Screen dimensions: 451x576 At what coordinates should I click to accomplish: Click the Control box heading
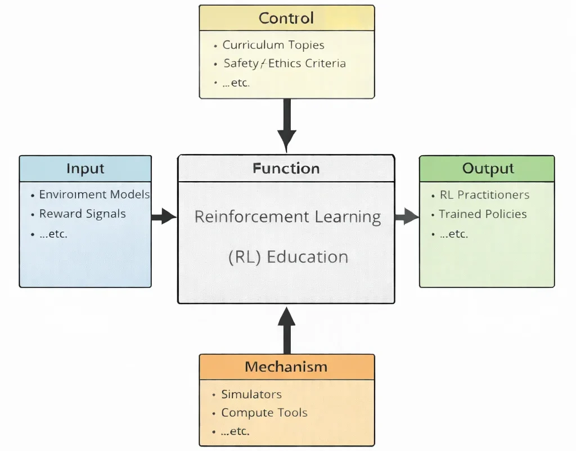tap(286, 18)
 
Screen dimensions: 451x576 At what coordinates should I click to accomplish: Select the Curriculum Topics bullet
tap(273, 45)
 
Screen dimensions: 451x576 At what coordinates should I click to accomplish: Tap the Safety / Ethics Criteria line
tap(284, 64)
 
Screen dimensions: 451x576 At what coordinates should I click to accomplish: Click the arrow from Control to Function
tap(286, 124)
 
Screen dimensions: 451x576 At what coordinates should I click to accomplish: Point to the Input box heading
tap(85, 168)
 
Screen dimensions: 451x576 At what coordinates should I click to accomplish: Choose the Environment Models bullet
tap(94, 195)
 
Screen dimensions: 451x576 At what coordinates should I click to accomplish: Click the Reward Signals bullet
tap(82, 214)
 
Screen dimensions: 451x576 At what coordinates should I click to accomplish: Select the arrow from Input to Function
tap(164, 216)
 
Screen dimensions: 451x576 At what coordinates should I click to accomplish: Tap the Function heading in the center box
tap(286, 168)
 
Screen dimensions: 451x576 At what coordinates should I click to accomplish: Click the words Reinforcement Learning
tap(287, 217)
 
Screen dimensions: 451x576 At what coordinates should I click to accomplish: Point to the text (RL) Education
tap(288, 257)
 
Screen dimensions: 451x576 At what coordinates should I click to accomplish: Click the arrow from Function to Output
tap(406, 216)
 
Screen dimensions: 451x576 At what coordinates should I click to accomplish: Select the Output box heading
tap(487, 169)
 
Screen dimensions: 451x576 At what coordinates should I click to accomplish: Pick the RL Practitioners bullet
tap(484, 195)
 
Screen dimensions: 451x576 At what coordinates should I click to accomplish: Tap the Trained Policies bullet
tap(483, 214)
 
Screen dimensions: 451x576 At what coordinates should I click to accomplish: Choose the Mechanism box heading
tap(286, 367)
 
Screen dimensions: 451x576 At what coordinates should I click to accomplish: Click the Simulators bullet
tap(251, 394)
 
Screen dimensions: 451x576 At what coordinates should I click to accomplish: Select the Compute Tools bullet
tap(264, 413)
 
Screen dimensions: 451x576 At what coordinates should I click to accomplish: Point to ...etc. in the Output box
tap(453, 234)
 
